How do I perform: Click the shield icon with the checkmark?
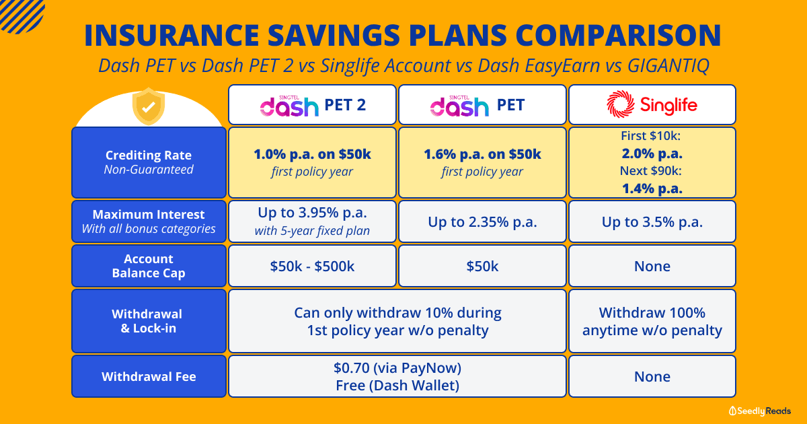pos(149,106)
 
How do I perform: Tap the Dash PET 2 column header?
pos(312,105)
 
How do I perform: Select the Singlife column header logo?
pos(652,104)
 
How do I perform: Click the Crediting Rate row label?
pos(149,162)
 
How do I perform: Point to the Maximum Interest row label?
pos(149,221)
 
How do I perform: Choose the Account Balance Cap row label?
pos(149,266)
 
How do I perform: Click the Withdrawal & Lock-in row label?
pos(149,321)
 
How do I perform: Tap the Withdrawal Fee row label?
pos(149,376)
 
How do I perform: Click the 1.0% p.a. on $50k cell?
pos(312,162)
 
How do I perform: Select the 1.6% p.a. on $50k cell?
pos(482,162)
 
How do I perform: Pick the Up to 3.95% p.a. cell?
pos(312,221)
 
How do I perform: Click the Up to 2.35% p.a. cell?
pos(482,221)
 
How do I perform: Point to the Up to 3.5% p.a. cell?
pos(652,221)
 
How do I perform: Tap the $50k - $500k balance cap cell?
pos(312,266)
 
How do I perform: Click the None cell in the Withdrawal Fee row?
pos(652,376)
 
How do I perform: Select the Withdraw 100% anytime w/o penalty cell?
pos(652,321)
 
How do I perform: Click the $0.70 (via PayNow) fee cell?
pos(397,376)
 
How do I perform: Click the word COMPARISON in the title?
pos(618,35)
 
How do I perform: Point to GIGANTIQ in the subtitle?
pos(668,66)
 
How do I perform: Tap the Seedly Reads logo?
pos(759,411)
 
